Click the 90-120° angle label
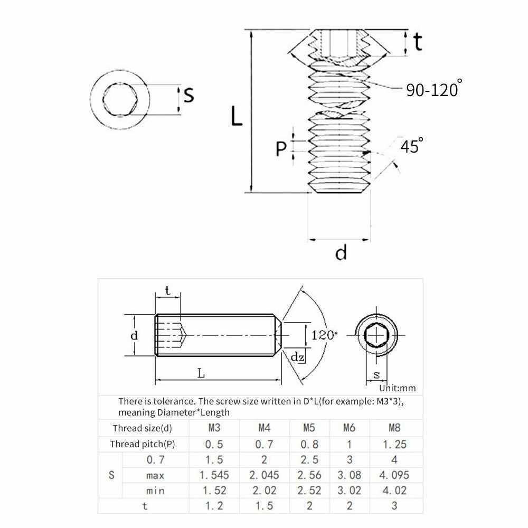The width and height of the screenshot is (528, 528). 433,88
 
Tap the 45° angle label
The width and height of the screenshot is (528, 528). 412,146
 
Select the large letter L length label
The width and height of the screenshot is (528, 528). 237,116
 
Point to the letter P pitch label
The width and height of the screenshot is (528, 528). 281,148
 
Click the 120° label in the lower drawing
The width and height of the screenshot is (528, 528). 324,335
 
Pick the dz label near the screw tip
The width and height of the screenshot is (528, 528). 297,356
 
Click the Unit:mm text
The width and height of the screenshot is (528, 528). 398,388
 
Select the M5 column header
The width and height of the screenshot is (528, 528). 309,428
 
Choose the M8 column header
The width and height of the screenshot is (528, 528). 394,428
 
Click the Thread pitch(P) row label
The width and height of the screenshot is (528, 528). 143,444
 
